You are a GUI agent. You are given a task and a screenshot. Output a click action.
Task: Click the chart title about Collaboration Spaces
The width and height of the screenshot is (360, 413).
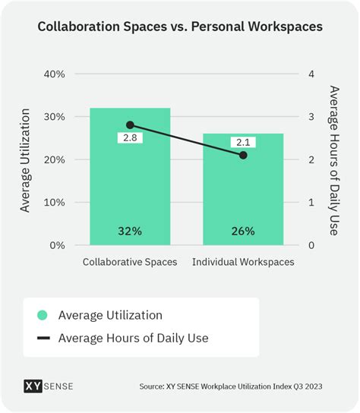pyautogui.click(x=180, y=26)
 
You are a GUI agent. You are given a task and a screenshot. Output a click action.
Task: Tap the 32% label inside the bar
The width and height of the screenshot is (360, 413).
pyautogui.click(x=130, y=231)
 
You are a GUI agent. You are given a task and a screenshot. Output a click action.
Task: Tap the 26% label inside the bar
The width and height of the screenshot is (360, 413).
pyautogui.click(x=243, y=231)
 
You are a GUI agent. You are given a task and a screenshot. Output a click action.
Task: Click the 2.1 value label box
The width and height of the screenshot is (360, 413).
pyautogui.click(x=243, y=142)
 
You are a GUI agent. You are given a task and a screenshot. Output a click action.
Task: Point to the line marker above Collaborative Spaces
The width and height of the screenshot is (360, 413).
pyautogui.click(x=130, y=125)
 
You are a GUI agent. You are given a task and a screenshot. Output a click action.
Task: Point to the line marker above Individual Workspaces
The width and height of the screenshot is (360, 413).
pyautogui.click(x=243, y=155)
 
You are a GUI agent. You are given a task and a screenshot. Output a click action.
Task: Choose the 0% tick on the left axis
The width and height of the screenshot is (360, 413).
pyautogui.click(x=56, y=245)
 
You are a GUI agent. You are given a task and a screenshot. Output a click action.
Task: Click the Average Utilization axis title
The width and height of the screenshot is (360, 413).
pyautogui.click(x=25, y=160)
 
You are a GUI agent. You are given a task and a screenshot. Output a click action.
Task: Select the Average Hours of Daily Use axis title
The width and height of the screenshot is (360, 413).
pyautogui.click(x=333, y=160)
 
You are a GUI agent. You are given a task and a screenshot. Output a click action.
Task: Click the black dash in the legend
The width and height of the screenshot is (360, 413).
pyautogui.click(x=43, y=338)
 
